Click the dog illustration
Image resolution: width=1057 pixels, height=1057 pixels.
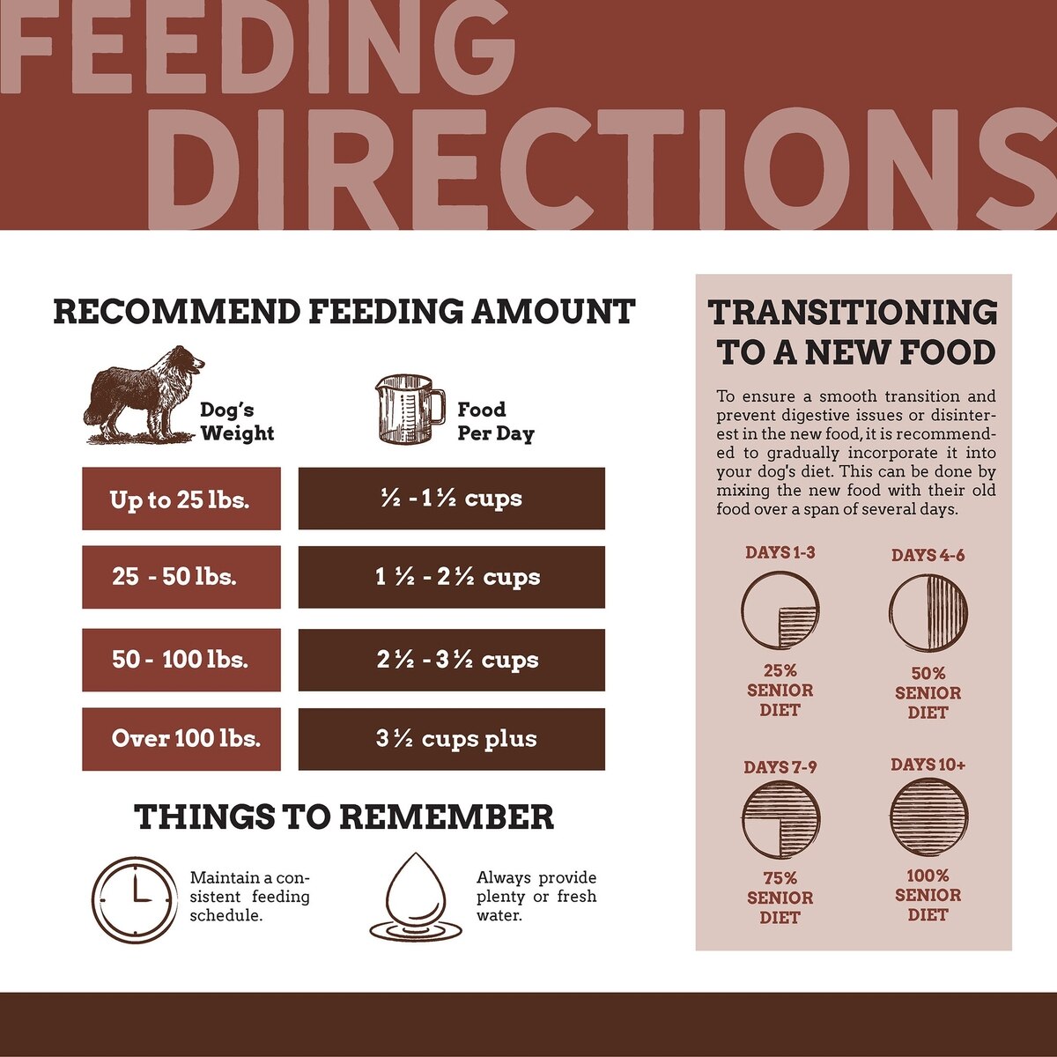(143, 394)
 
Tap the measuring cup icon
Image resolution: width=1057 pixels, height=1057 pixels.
(410, 409)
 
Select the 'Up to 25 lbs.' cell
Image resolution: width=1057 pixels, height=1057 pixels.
(181, 499)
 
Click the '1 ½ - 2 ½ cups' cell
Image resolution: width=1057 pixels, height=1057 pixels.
(451, 577)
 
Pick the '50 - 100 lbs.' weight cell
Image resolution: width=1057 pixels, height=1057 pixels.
(181, 659)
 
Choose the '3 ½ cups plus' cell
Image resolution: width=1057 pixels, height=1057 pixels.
(451, 739)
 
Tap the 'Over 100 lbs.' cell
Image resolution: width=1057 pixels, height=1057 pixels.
(181, 739)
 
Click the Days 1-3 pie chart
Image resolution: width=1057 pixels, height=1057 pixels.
(780, 610)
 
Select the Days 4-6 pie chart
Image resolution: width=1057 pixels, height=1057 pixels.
(928, 612)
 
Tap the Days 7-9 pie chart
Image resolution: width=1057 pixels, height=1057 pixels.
(780, 819)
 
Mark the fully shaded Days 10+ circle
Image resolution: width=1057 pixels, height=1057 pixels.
(928, 817)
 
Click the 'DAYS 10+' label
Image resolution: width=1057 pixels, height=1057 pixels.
(928, 765)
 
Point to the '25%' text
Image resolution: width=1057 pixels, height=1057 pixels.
(780, 671)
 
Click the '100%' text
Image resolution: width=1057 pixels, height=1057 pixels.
(928, 876)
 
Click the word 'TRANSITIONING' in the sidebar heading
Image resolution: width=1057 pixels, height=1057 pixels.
(853, 313)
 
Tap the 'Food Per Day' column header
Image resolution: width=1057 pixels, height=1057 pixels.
(495, 421)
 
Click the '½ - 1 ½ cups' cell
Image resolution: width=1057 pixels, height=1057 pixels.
(451, 499)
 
